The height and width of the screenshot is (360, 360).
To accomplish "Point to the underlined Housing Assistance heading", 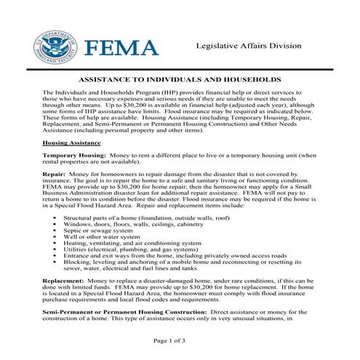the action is (x=71, y=144).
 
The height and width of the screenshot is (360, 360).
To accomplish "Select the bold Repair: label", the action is (x=55, y=175).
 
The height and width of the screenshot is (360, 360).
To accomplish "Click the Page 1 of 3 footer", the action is (x=180, y=340).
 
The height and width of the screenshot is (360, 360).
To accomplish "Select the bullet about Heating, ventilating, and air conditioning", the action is (x=133, y=243).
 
